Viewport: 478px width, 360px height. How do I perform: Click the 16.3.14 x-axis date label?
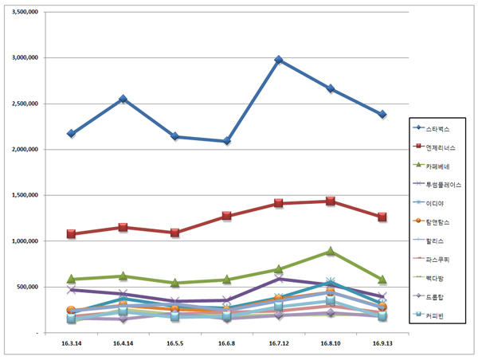click(71, 343)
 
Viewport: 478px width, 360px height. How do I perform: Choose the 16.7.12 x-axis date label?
click(279, 343)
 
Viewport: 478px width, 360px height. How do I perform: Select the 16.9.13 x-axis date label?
click(382, 343)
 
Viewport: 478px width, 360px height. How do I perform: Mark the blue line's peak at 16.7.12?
click(279, 60)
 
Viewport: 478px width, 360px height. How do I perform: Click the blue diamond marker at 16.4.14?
click(123, 99)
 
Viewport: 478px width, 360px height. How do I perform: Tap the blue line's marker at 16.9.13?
click(382, 115)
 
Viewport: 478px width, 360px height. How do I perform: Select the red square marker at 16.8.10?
click(331, 201)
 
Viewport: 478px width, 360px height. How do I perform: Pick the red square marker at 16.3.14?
click(71, 234)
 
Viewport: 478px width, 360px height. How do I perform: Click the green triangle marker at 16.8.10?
click(331, 252)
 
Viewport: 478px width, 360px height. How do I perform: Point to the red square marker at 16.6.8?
click(227, 216)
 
